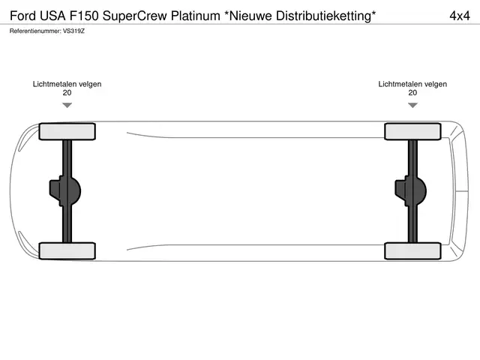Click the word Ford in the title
pyautogui.click(x=23, y=16)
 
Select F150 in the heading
pyautogui.click(x=84, y=16)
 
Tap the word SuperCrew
pyautogui.click(x=135, y=16)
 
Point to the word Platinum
pyautogui.click(x=195, y=16)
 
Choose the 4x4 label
pyautogui.click(x=460, y=16)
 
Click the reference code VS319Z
pyautogui.click(x=73, y=31)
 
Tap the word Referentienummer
pyautogui.click(x=35, y=31)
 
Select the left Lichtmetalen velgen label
pyautogui.click(x=67, y=84)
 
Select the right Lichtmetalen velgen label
pyautogui.click(x=412, y=84)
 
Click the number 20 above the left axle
pyautogui.click(x=67, y=93)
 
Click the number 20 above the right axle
pyautogui.click(x=412, y=93)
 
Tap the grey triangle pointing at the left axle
pyautogui.click(x=67, y=105)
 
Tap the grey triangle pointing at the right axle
pyautogui.click(x=412, y=105)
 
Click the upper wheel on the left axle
pyautogui.click(x=67, y=132)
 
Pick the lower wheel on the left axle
pyautogui.click(x=67, y=251)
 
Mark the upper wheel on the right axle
pyautogui.click(x=412, y=132)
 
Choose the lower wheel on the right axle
pyautogui.click(x=412, y=251)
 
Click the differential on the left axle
pyautogui.click(x=65, y=191)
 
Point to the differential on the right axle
pyautogui.click(x=411, y=191)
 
